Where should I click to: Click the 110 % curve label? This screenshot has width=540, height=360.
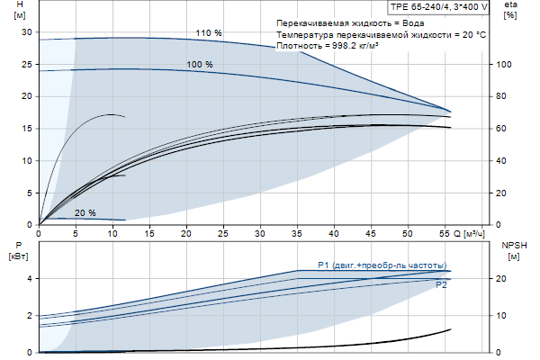(210, 33)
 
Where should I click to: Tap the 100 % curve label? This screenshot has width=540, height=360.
(200, 65)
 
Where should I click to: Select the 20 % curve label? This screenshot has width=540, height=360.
(85, 213)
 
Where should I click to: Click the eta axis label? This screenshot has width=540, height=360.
(511, 10)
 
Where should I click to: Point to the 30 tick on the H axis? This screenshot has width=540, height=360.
(26, 31)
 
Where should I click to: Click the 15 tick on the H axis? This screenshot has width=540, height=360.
(26, 129)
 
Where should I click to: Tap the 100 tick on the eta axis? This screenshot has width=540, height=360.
(505, 65)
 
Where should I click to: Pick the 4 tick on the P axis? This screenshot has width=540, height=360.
(29, 279)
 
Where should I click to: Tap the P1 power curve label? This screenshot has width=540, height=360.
(382, 264)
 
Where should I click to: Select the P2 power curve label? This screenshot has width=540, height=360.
(442, 284)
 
